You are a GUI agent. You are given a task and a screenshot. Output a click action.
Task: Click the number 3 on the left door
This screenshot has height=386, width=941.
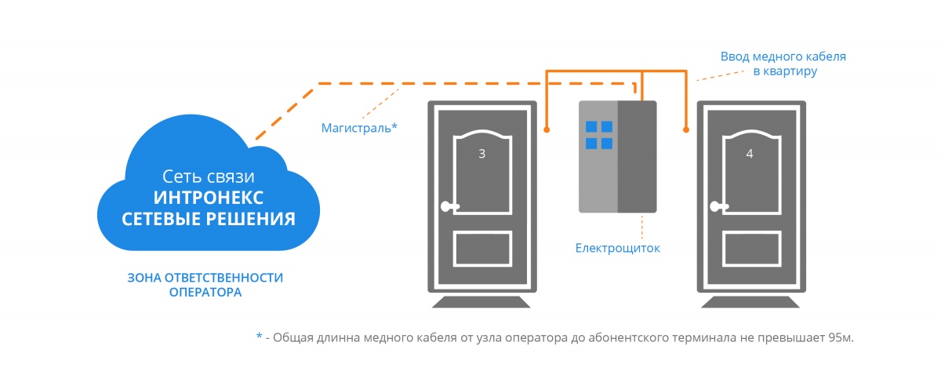[x=481, y=155]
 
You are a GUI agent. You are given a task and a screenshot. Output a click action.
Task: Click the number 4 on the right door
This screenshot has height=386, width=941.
[x=750, y=155]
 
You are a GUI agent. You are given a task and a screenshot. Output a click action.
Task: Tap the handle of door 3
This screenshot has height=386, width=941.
[x=448, y=208]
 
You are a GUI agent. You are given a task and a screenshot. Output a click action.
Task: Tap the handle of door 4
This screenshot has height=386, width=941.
[x=716, y=208]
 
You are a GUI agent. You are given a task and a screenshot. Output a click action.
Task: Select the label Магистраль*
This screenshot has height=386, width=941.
[x=359, y=126]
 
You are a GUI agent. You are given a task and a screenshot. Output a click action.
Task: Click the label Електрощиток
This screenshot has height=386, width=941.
[x=618, y=248]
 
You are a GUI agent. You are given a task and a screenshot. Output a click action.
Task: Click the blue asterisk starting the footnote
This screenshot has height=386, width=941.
[x=260, y=336]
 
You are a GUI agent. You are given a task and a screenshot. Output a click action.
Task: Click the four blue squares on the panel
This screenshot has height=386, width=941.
[x=599, y=134]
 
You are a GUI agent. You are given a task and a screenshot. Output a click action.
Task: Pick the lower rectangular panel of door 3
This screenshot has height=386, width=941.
[x=481, y=250]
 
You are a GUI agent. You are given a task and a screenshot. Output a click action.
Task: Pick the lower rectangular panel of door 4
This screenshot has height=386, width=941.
[x=750, y=250]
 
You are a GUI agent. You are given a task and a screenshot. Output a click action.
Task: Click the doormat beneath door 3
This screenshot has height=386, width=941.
[x=481, y=303]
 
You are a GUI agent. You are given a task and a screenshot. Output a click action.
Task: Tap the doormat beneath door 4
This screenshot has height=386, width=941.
[x=750, y=303]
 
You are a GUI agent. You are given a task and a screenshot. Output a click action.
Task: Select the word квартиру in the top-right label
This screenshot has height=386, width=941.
[x=792, y=71]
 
